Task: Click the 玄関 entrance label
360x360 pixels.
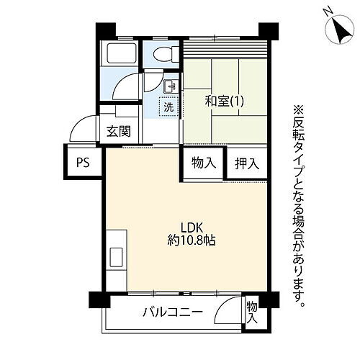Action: tap(120, 131)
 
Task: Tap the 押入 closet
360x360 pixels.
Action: tap(246, 163)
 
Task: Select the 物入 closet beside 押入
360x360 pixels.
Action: tap(203, 163)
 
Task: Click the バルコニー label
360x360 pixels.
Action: tap(171, 312)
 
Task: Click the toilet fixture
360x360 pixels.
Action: tap(163, 53)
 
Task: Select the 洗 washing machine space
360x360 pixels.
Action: tap(168, 107)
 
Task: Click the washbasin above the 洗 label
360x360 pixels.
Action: tap(170, 87)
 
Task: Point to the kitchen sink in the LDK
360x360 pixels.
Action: tap(115, 256)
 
